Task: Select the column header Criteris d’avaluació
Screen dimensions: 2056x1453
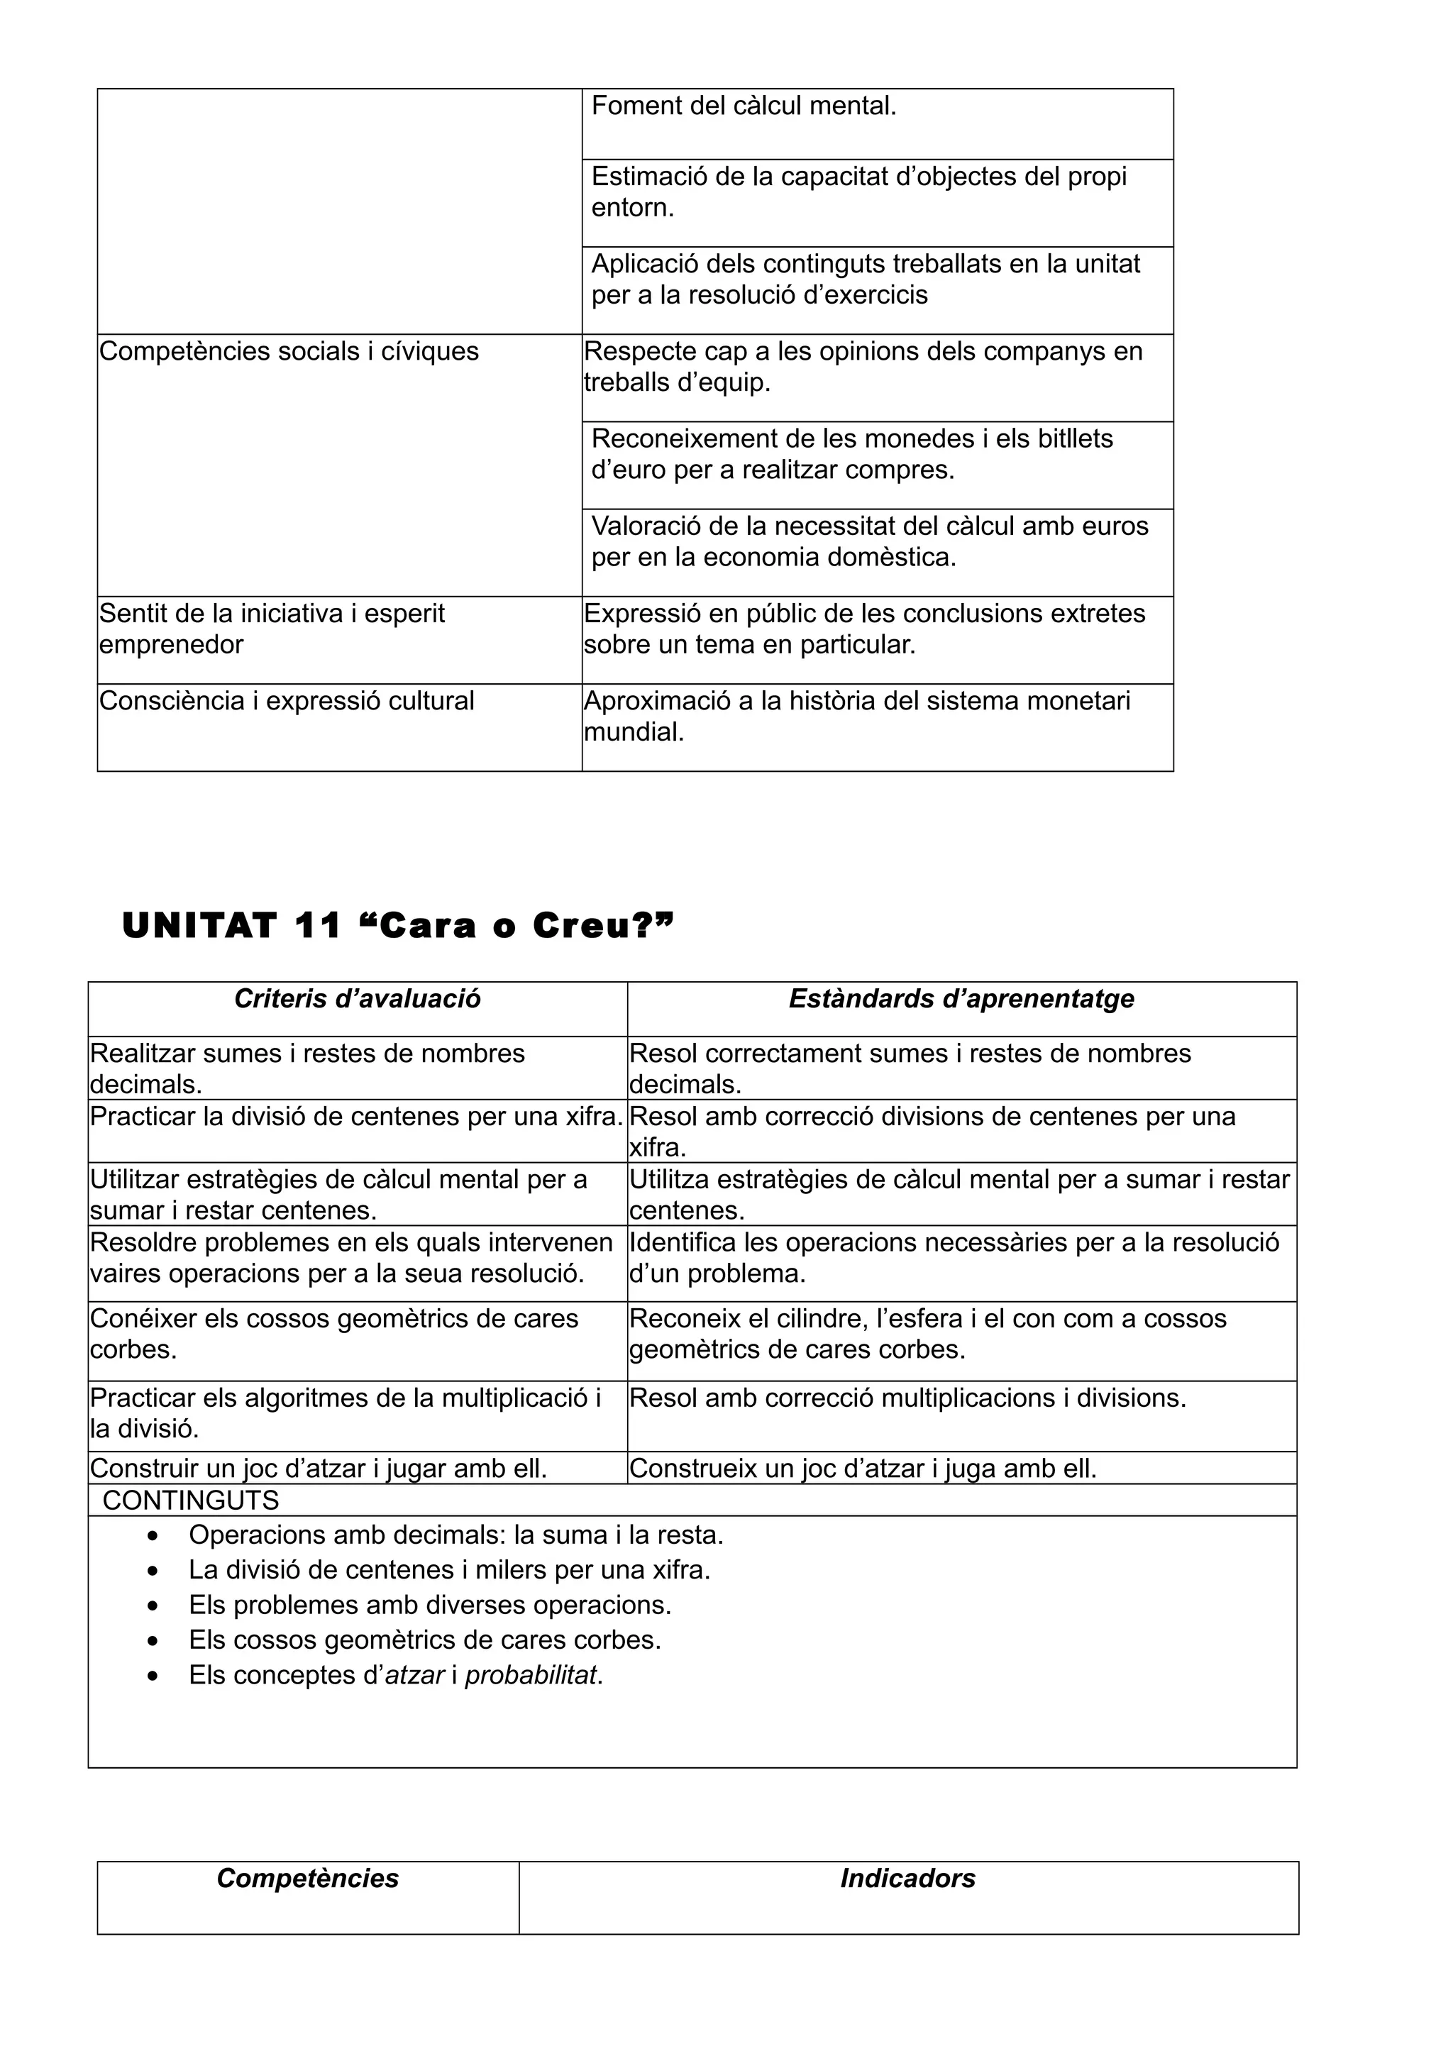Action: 357,1000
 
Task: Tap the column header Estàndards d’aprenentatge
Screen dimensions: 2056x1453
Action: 961,1000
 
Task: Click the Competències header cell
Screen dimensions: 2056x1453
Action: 307,1879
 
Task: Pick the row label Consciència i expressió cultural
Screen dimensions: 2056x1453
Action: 287,701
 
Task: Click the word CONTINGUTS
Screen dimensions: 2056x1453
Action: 191,1500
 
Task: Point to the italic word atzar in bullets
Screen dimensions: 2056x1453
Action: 414,1676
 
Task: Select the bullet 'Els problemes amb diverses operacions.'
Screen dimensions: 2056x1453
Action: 430,1605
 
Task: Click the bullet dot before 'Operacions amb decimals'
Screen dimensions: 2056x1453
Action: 154,1537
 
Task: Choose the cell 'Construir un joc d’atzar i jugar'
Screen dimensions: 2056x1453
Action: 319,1469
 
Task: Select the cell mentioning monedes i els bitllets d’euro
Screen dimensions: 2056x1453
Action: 851,454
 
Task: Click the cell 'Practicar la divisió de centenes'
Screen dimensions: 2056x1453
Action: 356,1117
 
